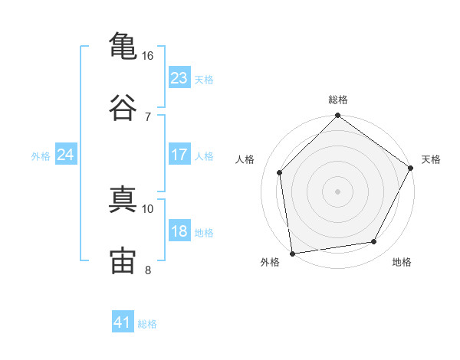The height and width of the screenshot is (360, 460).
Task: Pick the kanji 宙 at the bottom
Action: pos(122,259)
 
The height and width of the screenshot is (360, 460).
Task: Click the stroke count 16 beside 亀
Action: pos(147,56)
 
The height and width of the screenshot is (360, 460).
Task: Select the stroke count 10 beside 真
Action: pos(147,208)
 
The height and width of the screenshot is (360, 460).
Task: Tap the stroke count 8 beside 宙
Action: pos(147,269)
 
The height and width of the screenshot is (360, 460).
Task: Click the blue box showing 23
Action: pos(179,78)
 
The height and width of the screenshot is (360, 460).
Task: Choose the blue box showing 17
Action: pos(179,155)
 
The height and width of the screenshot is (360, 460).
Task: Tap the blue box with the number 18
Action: pos(179,231)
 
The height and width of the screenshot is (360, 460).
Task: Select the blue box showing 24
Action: pos(65,155)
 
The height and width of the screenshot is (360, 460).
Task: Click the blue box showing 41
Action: pos(123,322)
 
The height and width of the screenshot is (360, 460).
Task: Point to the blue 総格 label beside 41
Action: pos(147,324)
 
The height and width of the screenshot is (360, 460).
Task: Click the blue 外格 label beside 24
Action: pos(41,156)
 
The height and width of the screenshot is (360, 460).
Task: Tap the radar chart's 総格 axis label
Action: pos(338,100)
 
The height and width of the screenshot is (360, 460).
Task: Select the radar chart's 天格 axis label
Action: pos(431,159)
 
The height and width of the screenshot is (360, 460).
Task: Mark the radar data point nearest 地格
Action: pos(374,242)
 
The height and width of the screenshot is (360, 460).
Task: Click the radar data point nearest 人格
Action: pos(280,172)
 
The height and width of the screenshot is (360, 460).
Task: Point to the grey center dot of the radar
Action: pos(338,191)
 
